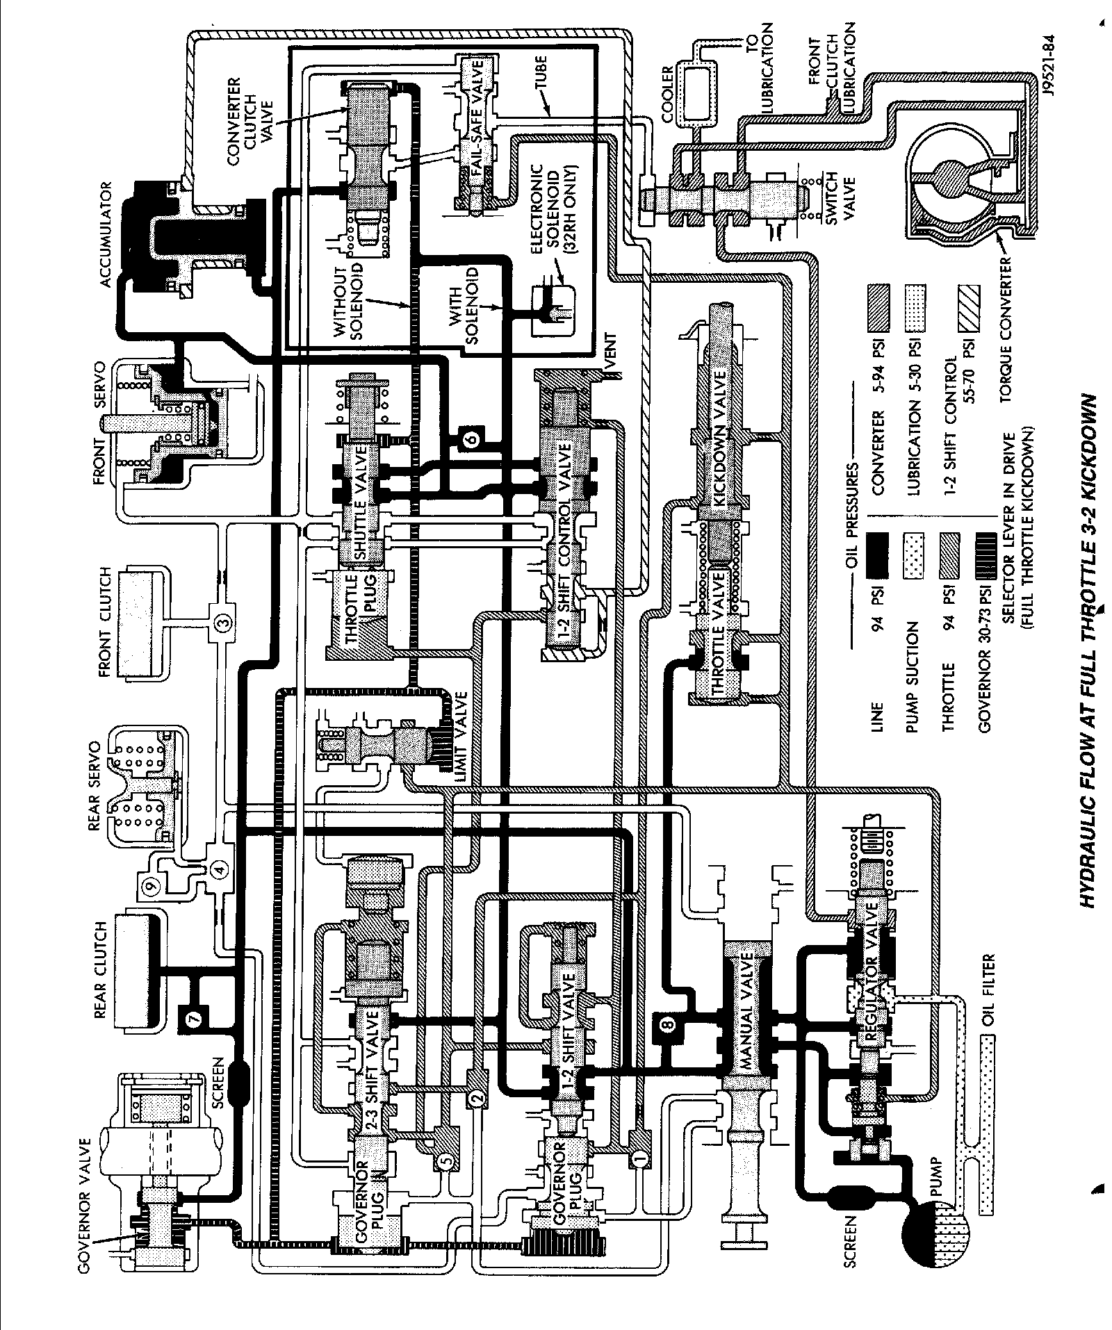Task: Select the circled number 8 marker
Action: click(667, 1023)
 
